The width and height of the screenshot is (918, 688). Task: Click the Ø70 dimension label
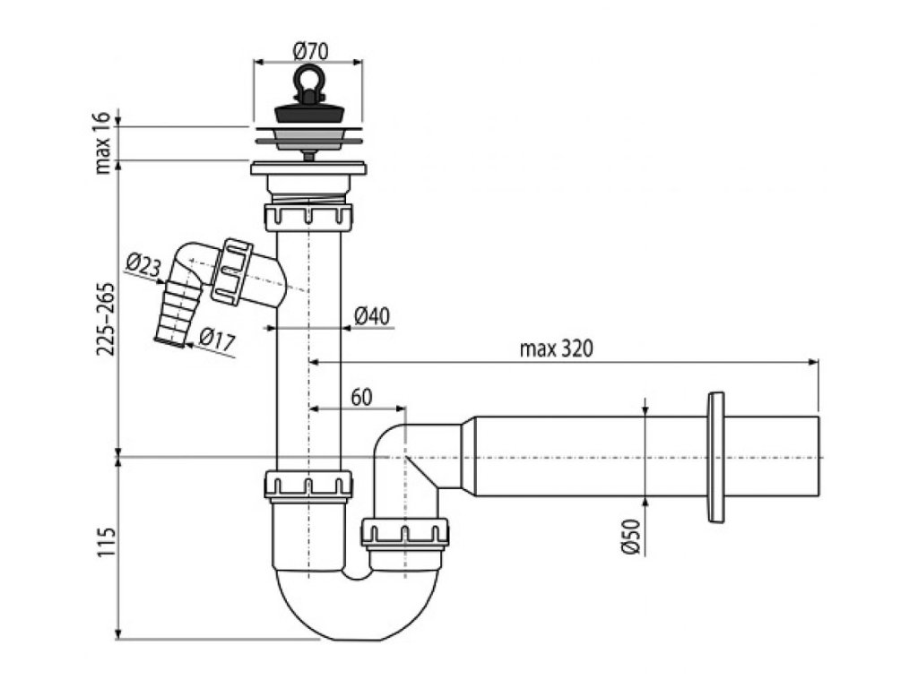(x=310, y=52)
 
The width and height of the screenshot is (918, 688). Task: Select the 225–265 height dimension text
(x=105, y=308)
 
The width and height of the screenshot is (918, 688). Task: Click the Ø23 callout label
(x=143, y=264)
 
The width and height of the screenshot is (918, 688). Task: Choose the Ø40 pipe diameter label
(x=370, y=315)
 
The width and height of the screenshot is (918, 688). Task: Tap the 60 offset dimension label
(x=361, y=397)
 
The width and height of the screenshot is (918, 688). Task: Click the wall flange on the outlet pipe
(x=716, y=457)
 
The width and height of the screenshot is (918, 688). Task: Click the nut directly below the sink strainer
(x=308, y=217)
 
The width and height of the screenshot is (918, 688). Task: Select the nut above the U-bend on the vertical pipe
(x=308, y=485)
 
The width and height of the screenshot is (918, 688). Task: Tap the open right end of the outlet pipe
(x=817, y=457)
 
